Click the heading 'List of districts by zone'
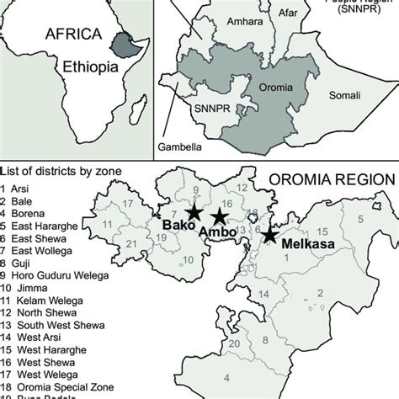click(x=62, y=172)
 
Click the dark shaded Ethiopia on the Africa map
click(x=124, y=44)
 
